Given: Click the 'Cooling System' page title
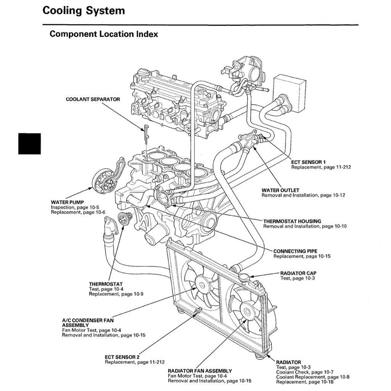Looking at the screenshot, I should [x=84, y=11].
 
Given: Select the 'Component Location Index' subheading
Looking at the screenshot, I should [x=104, y=34].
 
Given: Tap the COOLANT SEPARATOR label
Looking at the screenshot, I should [x=93, y=99].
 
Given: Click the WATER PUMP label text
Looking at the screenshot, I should [x=67, y=202].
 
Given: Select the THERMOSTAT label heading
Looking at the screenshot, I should [x=106, y=284].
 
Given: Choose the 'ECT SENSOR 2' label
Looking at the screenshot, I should [x=122, y=357].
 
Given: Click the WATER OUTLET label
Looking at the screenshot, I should [x=280, y=190].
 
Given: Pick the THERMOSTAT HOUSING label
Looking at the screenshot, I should [x=292, y=221].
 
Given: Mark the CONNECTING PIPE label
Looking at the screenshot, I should [x=295, y=251].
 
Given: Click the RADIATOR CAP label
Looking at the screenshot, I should [x=298, y=273].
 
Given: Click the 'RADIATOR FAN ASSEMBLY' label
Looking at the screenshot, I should [x=200, y=371].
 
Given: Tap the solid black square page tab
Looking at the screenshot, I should [x=29, y=143].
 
